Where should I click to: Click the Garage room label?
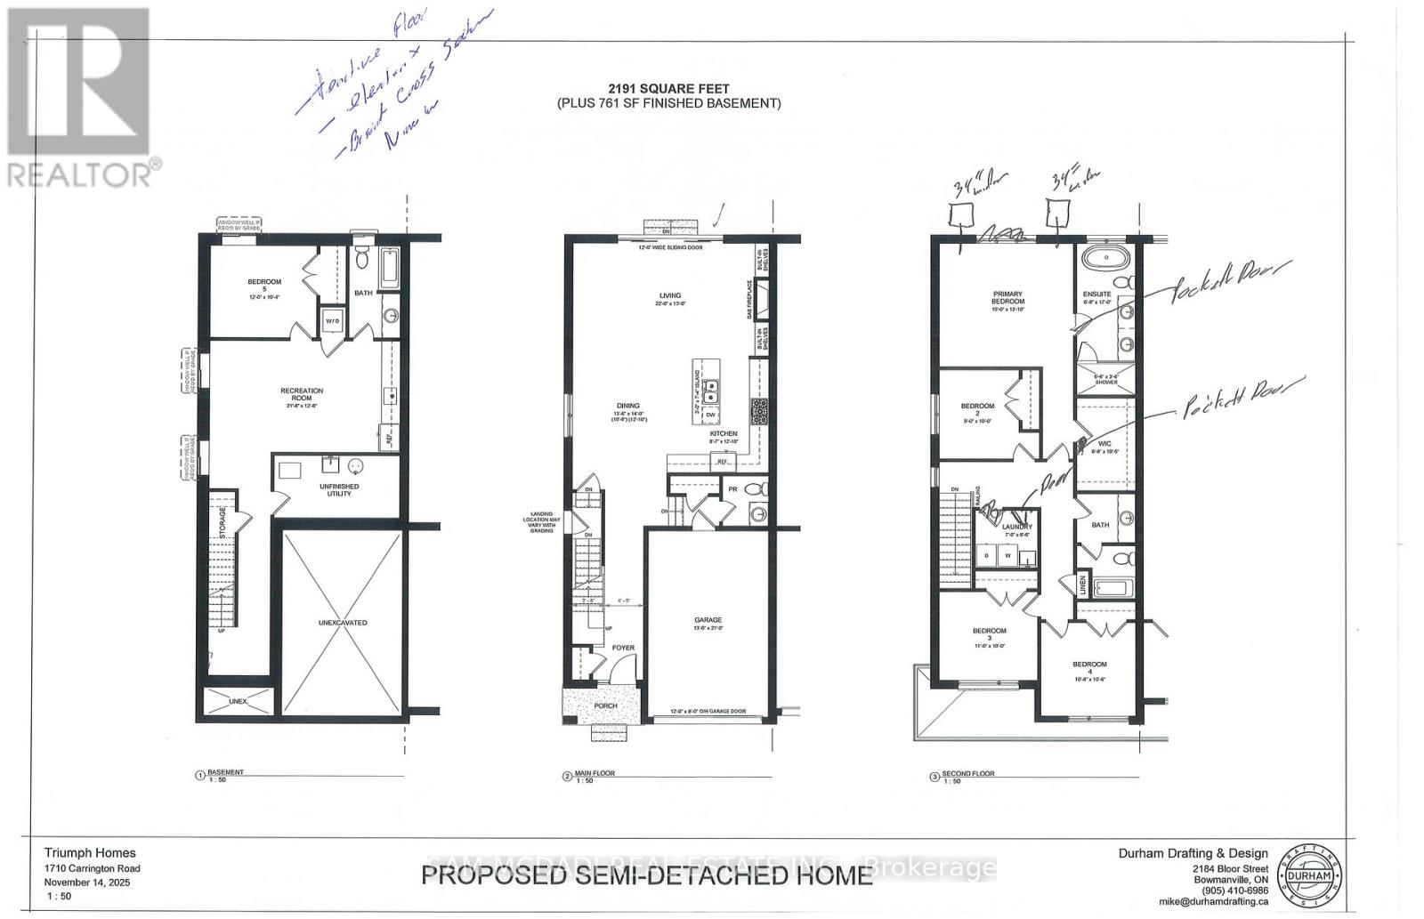coord(708,620)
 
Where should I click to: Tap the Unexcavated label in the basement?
coord(343,623)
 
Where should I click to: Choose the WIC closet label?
coord(1104,444)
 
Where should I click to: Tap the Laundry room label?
coord(1016,528)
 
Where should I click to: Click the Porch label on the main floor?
coord(605,706)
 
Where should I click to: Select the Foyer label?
coord(623,648)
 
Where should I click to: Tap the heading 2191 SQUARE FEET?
coord(669,88)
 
